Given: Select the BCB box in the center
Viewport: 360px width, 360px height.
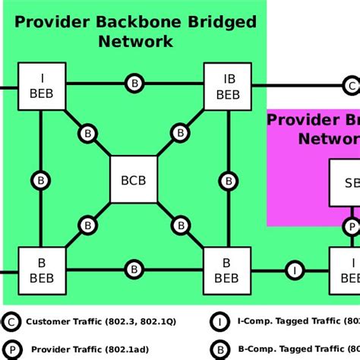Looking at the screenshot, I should coord(134,180).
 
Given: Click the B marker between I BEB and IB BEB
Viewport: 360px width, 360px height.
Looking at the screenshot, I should coord(134,84).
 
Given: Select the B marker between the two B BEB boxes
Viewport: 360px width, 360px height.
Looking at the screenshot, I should coord(134,268).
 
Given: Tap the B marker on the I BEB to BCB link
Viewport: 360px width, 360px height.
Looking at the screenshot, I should coord(88,134).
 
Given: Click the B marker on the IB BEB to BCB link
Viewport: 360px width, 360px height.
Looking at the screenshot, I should coord(180,134).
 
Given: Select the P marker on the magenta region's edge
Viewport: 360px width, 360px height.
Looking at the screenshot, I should coord(351,226).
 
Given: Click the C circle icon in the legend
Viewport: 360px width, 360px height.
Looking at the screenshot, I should coord(11,322).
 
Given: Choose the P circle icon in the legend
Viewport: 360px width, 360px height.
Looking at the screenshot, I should coord(11,350).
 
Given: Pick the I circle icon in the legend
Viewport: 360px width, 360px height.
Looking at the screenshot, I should coord(219,322).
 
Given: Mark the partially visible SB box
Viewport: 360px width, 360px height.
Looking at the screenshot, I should coord(345,183).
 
